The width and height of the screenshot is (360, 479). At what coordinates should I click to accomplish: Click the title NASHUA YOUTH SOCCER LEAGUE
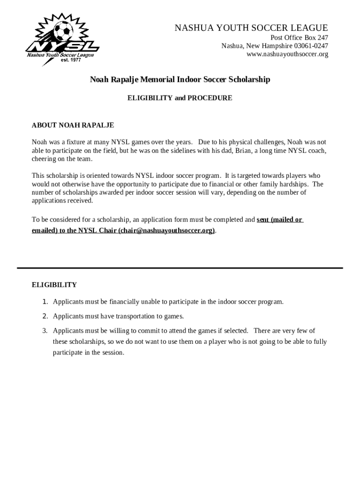coord(251,29)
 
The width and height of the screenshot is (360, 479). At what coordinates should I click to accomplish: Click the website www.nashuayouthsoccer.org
coord(287,54)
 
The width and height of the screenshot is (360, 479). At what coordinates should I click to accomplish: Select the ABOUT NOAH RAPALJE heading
coord(72,125)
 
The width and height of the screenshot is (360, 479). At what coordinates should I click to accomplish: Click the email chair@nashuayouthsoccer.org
coord(166,231)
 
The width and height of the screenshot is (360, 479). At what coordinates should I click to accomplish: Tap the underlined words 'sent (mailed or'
coord(280,219)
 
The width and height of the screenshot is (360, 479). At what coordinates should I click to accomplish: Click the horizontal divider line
coord(180,268)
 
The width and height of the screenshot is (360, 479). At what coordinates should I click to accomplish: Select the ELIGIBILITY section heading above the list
coord(54,285)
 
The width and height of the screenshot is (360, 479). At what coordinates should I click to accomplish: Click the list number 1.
coord(45,302)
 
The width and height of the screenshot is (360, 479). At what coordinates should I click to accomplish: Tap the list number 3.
coord(45,331)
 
